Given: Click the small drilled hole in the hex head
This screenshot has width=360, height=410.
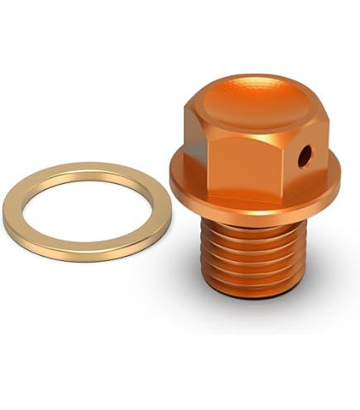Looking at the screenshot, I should (x=305, y=153).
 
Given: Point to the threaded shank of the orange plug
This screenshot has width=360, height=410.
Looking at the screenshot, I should (x=250, y=257).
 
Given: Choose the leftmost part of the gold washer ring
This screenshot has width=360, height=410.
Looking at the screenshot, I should (x=12, y=214).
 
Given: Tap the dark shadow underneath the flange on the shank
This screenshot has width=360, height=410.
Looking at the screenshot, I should (x=248, y=218).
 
